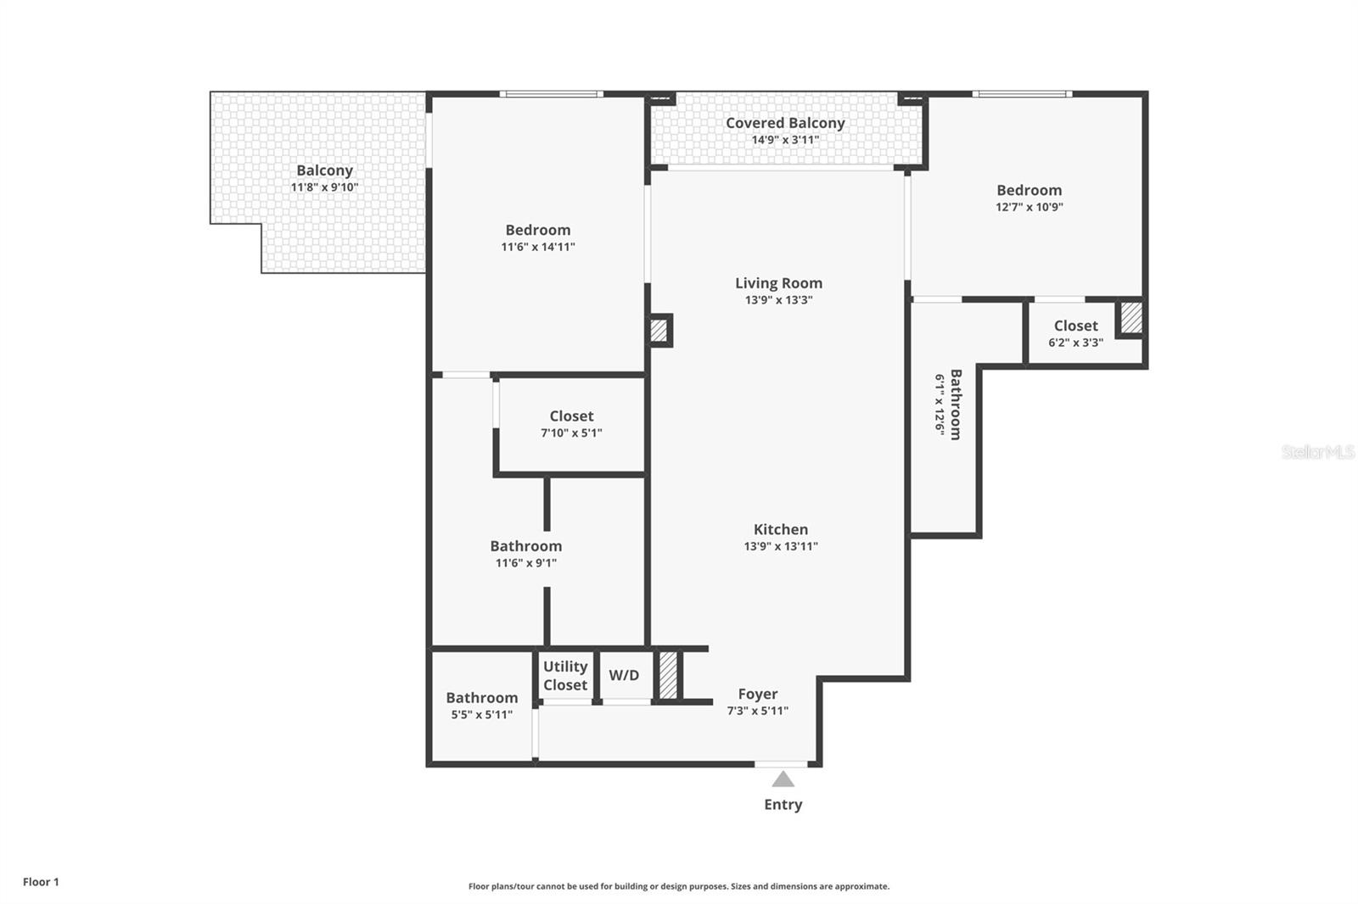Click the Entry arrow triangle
[783, 779]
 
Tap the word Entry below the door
[783, 804]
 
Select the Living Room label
[778, 283]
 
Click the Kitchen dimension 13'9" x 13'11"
[781, 546]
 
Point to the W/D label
[624, 675]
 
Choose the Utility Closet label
[565, 676]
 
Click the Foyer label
[757, 694]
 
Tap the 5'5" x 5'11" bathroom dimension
[481, 715]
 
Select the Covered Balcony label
[785, 123]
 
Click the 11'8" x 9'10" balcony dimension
[324, 187]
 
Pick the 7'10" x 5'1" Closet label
[571, 416]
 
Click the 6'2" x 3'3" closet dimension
[1075, 343]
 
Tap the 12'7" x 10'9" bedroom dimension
[1029, 207]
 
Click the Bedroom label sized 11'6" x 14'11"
[537, 230]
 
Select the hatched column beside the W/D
[669, 675]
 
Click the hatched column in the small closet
[1131, 318]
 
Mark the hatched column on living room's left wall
[659, 330]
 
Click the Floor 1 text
[41, 882]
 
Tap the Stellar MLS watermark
[1317, 452]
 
